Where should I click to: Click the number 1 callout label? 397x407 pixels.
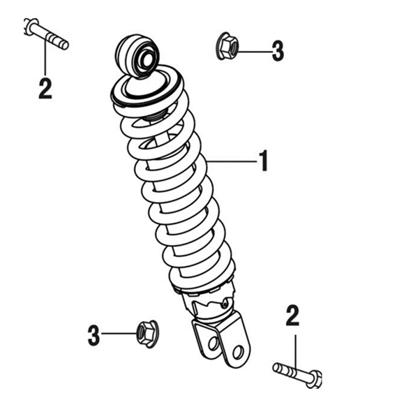264,161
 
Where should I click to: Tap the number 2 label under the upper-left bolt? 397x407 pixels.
45,88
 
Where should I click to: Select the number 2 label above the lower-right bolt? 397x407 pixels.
292,316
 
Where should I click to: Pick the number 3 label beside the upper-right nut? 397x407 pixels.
278,51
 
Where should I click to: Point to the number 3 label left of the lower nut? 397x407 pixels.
93,336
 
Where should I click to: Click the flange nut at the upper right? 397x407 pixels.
227,46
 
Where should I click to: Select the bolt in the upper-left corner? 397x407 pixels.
47,34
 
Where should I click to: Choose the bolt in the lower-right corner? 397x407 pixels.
298,375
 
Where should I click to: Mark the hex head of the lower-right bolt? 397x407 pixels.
315,380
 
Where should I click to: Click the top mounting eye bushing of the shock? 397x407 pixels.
137,56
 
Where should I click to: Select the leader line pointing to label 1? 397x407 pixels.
232,161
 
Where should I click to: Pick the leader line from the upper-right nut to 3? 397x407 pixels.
255,52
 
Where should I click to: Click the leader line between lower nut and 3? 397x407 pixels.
119,334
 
